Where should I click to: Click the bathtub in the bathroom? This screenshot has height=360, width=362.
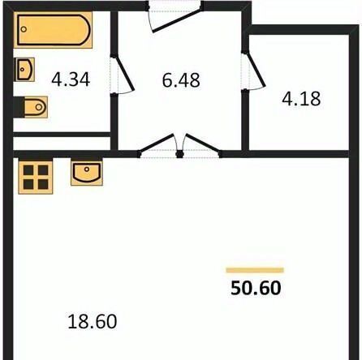point(53,30)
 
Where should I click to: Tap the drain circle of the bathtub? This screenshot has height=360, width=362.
point(24,29)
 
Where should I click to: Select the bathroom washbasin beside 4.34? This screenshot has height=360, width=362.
point(24,70)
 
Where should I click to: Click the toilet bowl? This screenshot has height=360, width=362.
point(36,107)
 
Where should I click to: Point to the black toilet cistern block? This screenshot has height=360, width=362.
point(19,107)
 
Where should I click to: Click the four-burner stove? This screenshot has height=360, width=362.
point(36,177)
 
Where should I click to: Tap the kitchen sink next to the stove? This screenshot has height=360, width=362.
point(87,173)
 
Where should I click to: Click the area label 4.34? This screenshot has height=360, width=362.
point(71,79)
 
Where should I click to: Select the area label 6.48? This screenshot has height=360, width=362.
point(181,80)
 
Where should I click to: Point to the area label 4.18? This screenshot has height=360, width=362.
point(301,98)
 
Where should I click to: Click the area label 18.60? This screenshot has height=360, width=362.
point(93,321)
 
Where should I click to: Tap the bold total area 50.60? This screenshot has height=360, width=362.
point(256,288)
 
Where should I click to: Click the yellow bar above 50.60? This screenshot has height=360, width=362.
point(255,270)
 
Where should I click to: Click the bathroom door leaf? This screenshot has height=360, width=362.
point(124,73)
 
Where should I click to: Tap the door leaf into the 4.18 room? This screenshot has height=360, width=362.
point(255,71)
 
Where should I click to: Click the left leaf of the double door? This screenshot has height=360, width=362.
point(157,144)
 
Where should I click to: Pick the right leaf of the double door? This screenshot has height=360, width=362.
point(203,144)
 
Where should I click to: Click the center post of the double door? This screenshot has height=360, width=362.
point(179,154)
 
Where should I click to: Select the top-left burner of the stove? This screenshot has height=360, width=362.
point(28,170)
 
